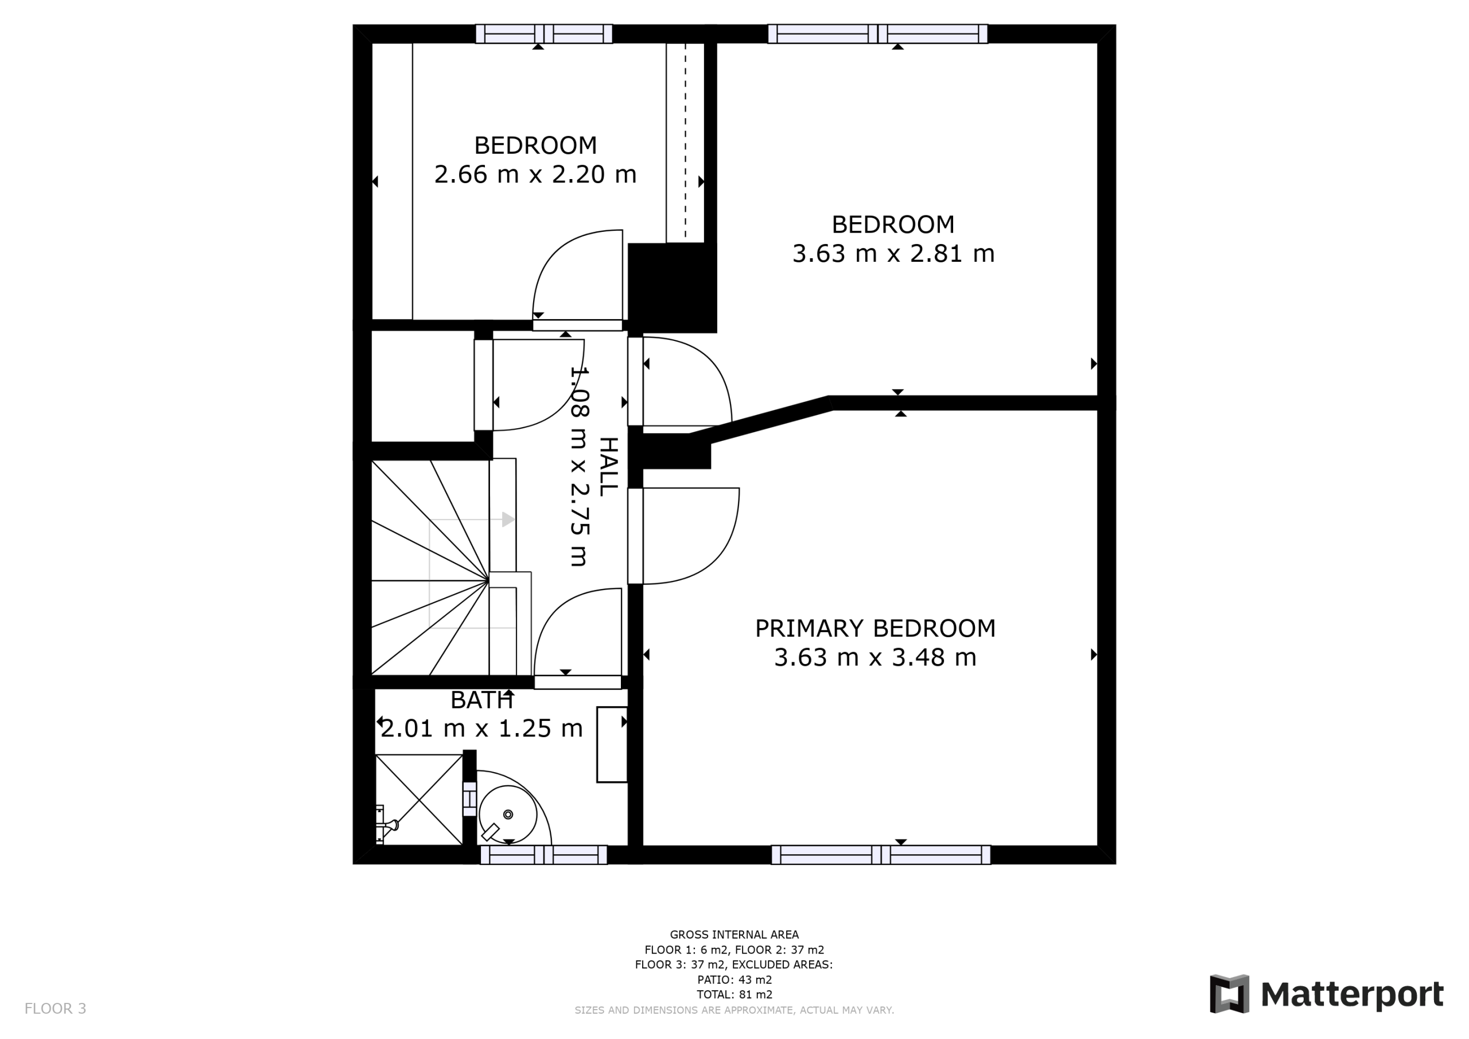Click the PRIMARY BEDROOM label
pyautogui.click(x=875, y=629)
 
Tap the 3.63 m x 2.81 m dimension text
pyautogui.click(x=893, y=254)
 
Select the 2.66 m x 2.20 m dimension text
pyautogui.click(x=535, y=174)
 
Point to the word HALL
pyautogui.click(x=608, y=467)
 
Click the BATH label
pyautogui.click(x=482, y=700)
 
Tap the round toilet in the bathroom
pyautogui.click(x=508, y=815)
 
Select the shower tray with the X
pyautogui.click(x=418, y=800)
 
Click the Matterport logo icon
pyautogui.click(x=1229, y=994)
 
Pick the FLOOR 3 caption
pyautogui.click(x=55, y=1009)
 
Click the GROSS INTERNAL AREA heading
pyautogui.click(x=734, y=935)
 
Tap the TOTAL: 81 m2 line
pyautogui.click(x=734, y=994)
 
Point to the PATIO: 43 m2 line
pyautogui.click(x=734, y=979)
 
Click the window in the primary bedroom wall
pyautogui.click(x=881, y=855)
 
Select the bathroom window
pyautogui.click(x=543, y=855)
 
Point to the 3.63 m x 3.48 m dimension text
pyautogui.click(x=875, y=658)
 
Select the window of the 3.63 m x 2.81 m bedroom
pyautogui.click(x=877, y=34)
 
